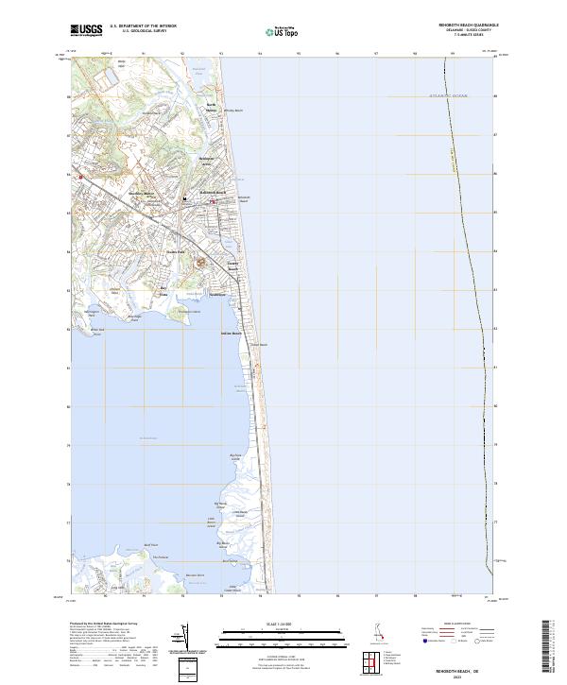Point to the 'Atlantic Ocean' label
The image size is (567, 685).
[x=447, y=96]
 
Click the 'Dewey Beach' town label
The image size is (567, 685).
[x=232, y=267]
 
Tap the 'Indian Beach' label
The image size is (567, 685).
[x=231, y=333]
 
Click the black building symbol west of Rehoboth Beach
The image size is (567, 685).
[x=185, y=198]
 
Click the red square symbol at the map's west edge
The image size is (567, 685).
[x=80, y=177]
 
